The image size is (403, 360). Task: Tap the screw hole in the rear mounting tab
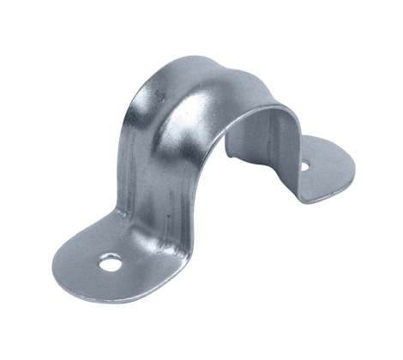[304, 166]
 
